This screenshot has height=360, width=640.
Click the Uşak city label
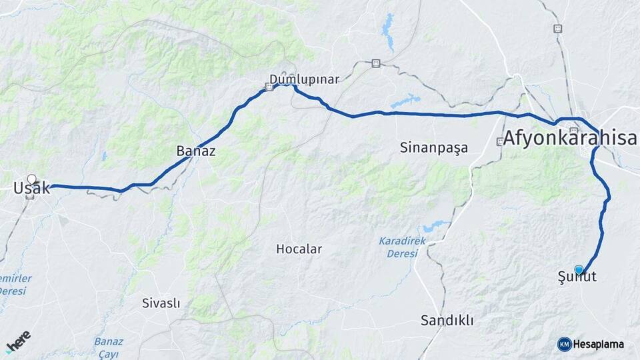(31, 189)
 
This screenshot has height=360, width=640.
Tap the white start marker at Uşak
(31, 179)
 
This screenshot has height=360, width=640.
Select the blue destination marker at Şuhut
(579, 269)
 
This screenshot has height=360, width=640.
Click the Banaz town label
(195, 151)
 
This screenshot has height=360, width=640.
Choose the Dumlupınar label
(304, 79)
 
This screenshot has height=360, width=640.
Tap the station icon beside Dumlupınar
(269, 86)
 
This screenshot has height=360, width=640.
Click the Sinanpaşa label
(433, 147)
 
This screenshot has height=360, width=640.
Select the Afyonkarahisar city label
(570, 139)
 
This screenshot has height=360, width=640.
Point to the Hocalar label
(299, 249)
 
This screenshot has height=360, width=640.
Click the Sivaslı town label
(161, 303)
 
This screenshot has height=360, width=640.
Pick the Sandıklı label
(447, 321)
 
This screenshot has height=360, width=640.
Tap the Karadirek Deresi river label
(398, 247)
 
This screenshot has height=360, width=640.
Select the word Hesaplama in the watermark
(599, 344)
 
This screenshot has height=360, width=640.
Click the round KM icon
(564, 344)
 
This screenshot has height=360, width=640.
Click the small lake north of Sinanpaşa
(405, 102)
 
